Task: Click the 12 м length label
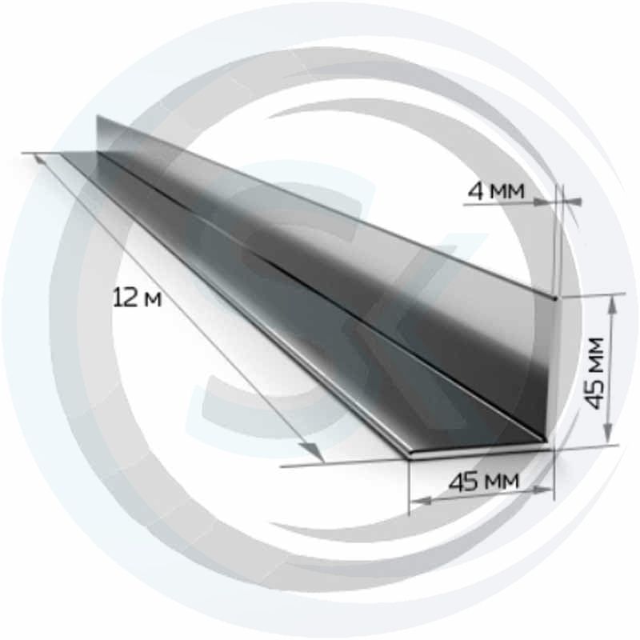[137, 298]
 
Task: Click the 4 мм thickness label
[495, 190]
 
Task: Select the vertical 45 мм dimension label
[594, 373]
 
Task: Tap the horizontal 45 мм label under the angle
[484, 482]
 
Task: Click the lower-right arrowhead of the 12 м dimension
[314, 452]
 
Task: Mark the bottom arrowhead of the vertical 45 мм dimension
[608, 433]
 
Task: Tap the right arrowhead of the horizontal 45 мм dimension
[544, 491]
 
